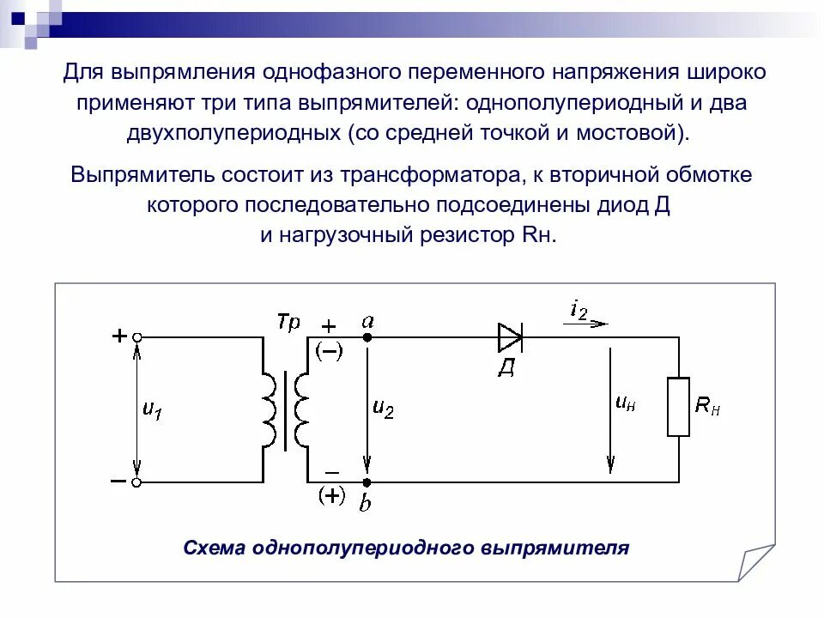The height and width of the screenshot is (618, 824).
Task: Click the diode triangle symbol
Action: pos(511,337)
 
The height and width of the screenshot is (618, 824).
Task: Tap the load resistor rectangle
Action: pos(679,407)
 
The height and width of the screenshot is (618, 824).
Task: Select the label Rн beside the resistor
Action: pos(707,406)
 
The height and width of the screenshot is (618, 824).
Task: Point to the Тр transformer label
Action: pos(288,323)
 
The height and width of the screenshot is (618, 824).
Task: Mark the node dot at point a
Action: pos(367,338)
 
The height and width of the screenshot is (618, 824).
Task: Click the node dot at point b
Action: pos(367,482)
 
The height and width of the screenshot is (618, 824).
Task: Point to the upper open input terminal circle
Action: pos(136,338)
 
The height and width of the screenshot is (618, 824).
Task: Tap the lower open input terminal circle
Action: pos(136,482)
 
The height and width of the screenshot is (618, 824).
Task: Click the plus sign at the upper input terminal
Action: pos(119,336)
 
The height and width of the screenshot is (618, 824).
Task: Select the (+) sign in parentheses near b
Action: pos(330,496)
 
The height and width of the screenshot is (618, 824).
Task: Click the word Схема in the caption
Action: pos(215,548)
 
